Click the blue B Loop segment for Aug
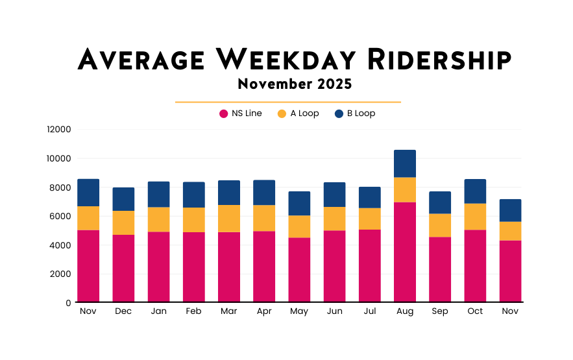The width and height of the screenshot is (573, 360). (x=405, y=163)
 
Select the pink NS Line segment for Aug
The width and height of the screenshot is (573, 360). (x=405, y=252)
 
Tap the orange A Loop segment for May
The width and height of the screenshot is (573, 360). (x=299, y=226)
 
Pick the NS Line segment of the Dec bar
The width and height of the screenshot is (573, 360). (x=123, y=268)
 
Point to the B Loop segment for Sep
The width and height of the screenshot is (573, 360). (x=440, y=202)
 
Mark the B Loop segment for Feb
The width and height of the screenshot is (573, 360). (x=193, y=195)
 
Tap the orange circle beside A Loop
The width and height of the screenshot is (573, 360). (x=282, y=114)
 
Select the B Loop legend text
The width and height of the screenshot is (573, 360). (x=361, y=114)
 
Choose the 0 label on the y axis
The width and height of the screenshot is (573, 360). (x=67, y=303)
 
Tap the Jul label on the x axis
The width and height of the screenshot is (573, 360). (x=369, y=311)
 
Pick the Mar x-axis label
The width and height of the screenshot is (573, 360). (x=228, y=311)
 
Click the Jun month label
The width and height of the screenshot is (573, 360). (x=334, y=311)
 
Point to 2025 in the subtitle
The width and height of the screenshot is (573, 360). (x=335, y=84)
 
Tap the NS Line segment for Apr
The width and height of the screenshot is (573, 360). (x=264, y=267)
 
